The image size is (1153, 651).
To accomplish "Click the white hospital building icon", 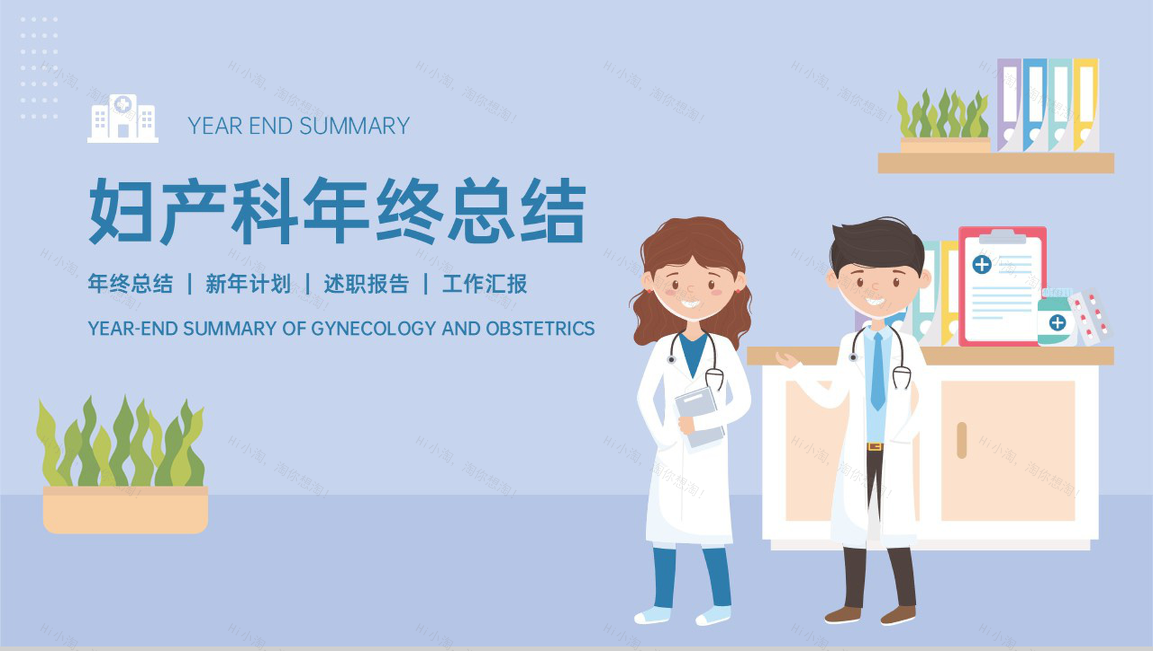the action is (x=123, y=119).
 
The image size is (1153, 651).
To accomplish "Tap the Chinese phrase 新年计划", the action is (x=248, y=284).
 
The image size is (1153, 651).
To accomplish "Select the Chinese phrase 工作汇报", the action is (x=485, y=284).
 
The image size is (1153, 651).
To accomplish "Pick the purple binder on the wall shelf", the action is (x=1009, y=105).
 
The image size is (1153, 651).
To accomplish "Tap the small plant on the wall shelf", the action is (x=944, y=121).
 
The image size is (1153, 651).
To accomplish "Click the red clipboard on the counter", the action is (x=1002, y=286).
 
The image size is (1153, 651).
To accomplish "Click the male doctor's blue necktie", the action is (x=877, y=372).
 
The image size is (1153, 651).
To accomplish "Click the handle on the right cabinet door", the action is (x=961, y=440).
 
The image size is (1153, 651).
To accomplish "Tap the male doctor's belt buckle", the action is (x=874, y=447).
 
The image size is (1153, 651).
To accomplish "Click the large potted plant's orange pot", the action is (x=125, y=510).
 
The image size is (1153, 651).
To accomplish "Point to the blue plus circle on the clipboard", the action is (x=982, y=265).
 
